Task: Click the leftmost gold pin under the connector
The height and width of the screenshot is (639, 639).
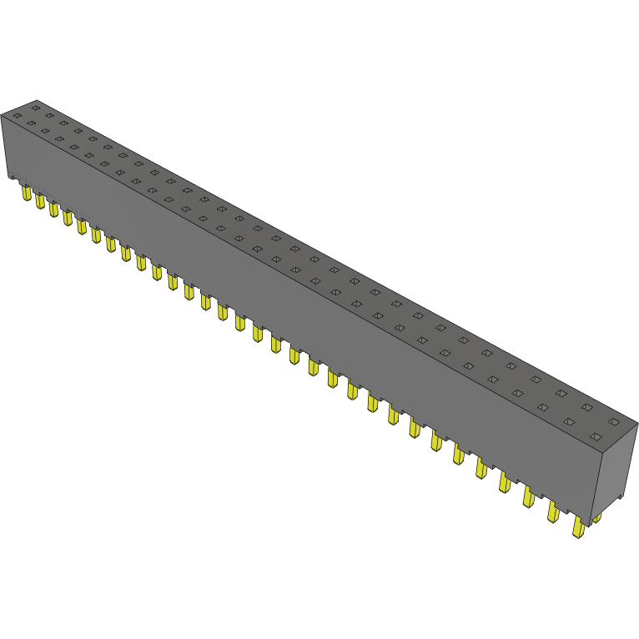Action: tap(27, 194)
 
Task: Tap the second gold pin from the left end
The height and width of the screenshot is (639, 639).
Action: tap(39, 201)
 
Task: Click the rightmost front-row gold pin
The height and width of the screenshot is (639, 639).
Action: tap(578, 526)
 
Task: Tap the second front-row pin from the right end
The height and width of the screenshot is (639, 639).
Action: tap(553, 511)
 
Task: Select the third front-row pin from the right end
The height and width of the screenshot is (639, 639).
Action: tap(529, 496)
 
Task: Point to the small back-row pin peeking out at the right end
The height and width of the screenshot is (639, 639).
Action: tap(596, 518)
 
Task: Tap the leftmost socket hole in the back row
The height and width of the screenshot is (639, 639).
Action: tap(36, 108)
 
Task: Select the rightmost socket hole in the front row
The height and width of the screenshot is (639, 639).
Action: tap(596, 436)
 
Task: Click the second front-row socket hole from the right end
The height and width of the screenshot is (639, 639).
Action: tap(570, 422)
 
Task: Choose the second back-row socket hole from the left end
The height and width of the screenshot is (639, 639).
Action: tap(50, 115)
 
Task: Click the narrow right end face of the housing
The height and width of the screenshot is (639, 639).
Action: tap(613, 467)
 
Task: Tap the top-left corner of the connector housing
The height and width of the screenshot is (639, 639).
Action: tap(3, 117)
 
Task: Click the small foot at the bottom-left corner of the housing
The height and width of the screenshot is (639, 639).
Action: tap(12, 176)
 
